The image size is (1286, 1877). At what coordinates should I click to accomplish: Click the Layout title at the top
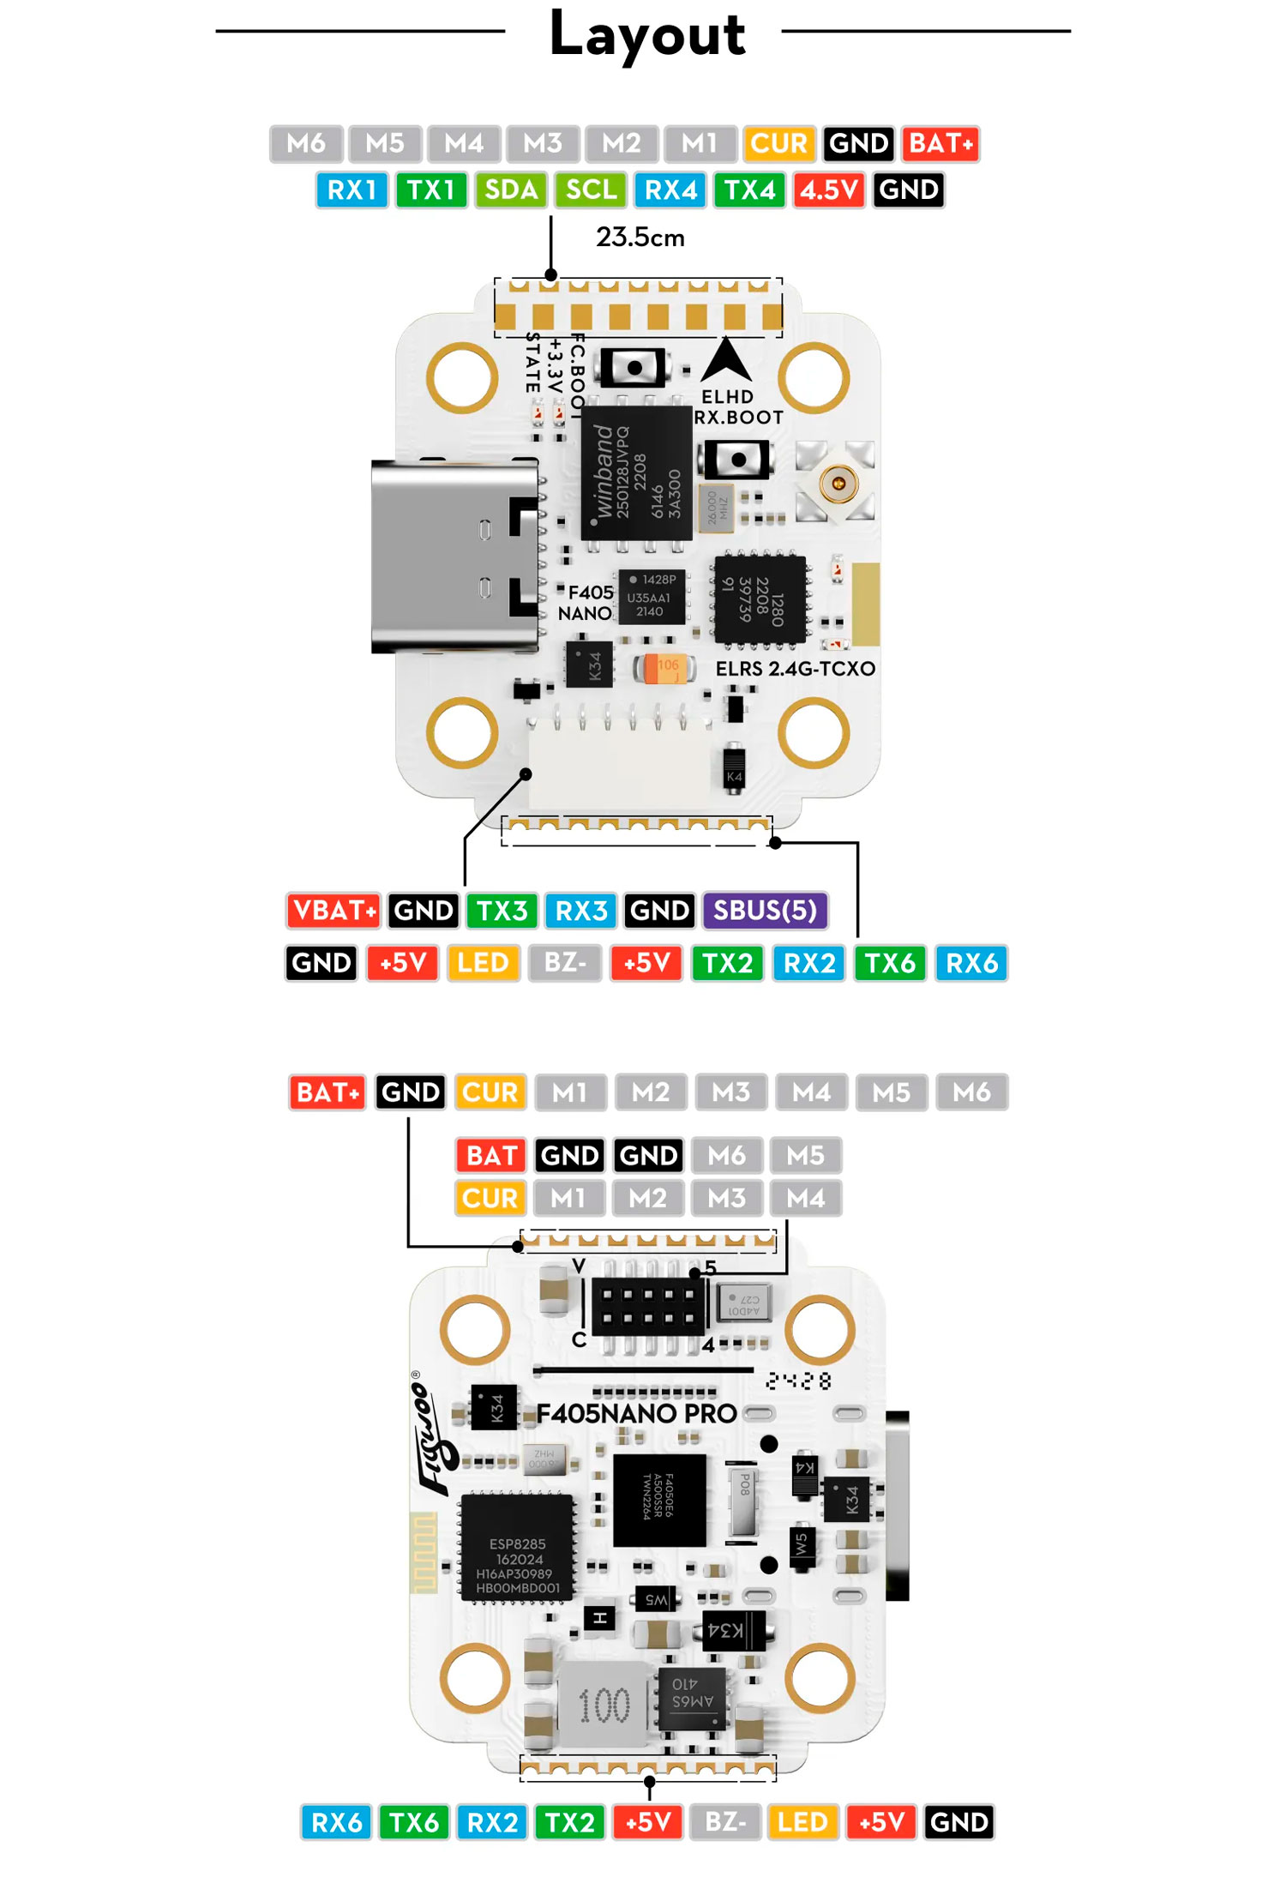646,34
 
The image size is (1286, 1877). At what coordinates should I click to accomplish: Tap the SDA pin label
510,190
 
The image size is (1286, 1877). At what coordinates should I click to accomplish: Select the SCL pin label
591,190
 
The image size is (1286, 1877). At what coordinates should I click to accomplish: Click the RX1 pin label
352,190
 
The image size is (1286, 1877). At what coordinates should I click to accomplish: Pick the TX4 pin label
749,190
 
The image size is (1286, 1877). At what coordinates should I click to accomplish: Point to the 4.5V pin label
829,190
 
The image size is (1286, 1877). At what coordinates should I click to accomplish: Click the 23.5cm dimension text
640,238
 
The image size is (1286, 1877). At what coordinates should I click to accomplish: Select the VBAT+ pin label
334,910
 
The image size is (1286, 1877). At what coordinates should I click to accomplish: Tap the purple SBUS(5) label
765,910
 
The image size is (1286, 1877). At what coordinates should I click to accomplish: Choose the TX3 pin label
502,910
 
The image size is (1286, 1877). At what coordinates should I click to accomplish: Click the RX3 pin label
581,910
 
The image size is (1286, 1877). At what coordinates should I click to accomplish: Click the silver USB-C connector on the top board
454,556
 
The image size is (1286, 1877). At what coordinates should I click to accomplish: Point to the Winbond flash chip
636,472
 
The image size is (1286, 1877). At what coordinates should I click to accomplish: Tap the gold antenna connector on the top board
838,483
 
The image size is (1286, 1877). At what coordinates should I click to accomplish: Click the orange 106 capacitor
664,668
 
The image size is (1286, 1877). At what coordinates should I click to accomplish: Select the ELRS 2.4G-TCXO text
796,669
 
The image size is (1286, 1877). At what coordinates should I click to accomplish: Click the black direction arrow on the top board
726,360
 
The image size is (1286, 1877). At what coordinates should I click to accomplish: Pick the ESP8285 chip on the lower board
518,1565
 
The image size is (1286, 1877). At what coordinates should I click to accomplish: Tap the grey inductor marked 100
604,1705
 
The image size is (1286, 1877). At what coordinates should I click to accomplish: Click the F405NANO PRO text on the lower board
637,1414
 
